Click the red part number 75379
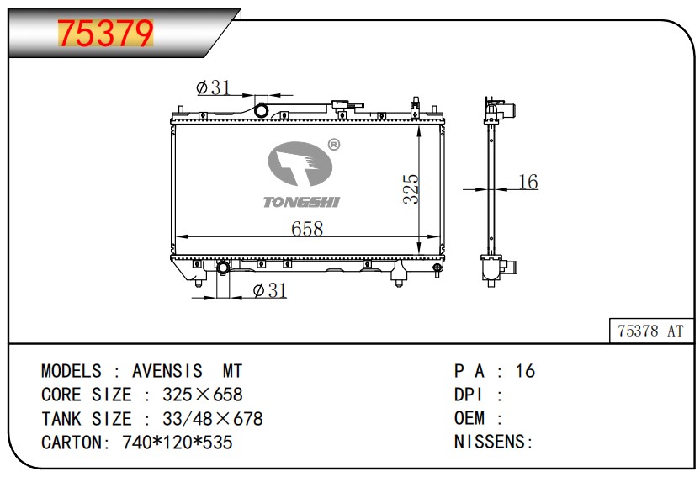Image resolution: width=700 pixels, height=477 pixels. click(105, 33)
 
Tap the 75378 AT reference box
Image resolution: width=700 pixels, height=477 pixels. click(651, 331)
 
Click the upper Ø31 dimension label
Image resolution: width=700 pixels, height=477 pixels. click(214, 87)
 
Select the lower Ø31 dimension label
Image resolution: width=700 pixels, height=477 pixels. click(269, 290)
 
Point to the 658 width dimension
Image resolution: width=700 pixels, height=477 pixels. click(307, 229)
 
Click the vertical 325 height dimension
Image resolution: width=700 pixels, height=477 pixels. click(411, 188)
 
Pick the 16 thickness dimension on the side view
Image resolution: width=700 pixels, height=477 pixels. click(528, 182)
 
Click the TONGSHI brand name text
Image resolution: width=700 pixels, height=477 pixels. click(302, 202)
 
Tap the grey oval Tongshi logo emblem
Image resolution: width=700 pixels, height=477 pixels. click(300, 164)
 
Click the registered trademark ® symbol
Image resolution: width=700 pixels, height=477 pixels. click(333, 144)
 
